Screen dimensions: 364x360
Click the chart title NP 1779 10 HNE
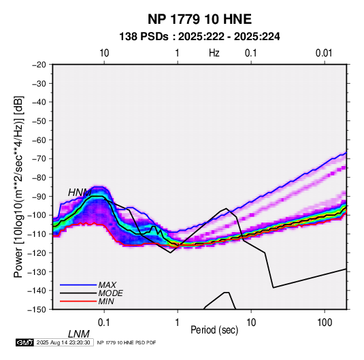click(199, 19)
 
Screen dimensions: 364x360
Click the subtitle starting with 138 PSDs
click(199, 37)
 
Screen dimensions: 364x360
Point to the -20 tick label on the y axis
click(39, 65)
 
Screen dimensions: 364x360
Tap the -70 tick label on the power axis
click(39, 159)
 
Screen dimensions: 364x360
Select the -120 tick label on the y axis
click(37, 252)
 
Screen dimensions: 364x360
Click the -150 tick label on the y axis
click(37, 310)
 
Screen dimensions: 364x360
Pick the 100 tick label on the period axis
click(325, 323)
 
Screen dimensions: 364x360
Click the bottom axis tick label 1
click(178, 323)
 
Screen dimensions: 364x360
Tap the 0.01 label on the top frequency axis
click(324, 53)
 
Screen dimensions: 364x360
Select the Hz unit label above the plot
click(214, 53)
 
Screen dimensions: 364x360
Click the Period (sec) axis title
click(214, 330)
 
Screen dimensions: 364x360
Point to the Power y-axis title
click(18, 186)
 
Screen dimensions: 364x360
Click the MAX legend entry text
click(107, 284)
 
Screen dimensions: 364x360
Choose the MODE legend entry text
click(110, 293)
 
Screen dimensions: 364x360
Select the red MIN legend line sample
click(78, 301)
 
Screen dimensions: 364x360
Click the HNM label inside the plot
click(80, 193)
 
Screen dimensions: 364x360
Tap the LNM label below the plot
click(78, 334)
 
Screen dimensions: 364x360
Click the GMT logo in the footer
click(24, 342)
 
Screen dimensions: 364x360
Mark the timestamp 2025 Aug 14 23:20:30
click(63, 342)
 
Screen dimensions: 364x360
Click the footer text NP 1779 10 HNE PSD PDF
click(127, 342)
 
